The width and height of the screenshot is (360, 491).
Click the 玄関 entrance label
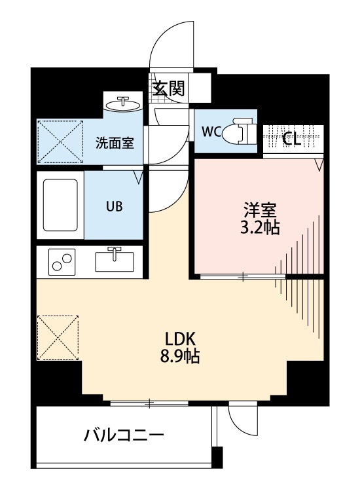(168, 88)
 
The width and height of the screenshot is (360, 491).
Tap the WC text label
(211, 132)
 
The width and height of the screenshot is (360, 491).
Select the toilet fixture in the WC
(240, 130)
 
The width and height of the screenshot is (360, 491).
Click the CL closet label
(291, 139)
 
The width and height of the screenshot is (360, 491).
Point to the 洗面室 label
(115, 143)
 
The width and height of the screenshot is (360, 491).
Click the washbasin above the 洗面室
(122, 104)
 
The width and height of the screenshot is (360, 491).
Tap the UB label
(115, 206)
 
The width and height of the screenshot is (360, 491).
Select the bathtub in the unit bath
(60, 205)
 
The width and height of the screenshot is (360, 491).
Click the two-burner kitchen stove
(62, 262)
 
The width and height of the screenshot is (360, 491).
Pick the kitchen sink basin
(115, 261)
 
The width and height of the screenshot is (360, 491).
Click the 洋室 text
(260, 210)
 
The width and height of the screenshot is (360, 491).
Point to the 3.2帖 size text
(260, 227)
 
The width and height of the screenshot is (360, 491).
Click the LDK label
(180, 339)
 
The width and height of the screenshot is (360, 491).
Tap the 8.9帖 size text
(180, 356)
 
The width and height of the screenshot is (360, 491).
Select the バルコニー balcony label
(124, 435)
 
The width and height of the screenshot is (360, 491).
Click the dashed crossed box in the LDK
(58, 338)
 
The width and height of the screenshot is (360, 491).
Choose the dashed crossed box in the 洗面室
(60, 141)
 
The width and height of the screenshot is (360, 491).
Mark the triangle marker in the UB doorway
(139, 177)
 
